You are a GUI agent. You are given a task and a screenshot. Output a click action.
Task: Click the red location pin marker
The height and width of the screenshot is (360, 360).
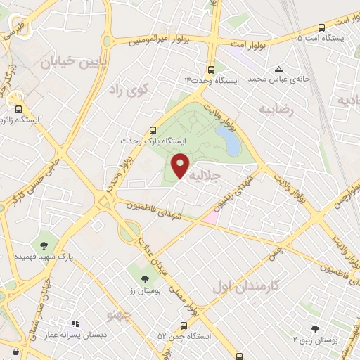point(181,165)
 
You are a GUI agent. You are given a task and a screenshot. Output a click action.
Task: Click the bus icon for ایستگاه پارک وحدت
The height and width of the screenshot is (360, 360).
point(153,130)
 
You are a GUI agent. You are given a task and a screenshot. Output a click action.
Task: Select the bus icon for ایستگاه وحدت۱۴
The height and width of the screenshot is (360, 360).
point(211,70)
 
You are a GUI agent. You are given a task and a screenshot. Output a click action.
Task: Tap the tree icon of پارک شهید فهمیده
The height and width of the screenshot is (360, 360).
point(44,245)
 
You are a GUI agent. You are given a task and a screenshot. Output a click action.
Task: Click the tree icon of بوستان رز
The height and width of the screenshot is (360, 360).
point(146,278)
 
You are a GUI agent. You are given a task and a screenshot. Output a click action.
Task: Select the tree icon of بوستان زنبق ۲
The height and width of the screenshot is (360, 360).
point(315,328)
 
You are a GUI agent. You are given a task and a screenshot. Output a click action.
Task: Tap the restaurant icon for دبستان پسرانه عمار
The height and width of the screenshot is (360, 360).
point(75,324)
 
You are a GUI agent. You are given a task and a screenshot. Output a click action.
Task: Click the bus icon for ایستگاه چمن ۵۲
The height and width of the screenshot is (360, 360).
point(184,326)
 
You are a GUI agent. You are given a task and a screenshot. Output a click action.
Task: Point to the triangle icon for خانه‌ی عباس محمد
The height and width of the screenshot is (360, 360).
point(280,69)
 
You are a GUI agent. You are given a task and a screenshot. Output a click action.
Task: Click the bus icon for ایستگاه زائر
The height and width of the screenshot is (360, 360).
point(19,108)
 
